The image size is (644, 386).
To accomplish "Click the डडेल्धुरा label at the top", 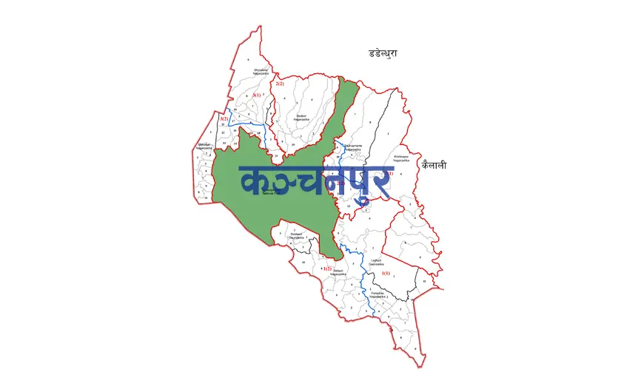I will click(383, 53).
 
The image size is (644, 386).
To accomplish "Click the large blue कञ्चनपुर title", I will click(314, 182).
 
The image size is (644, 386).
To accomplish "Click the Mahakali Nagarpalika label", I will click(205, 146).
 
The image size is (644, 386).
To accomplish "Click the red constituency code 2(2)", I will click(280, 84).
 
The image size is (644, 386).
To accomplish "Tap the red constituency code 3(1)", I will click(256, 95).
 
